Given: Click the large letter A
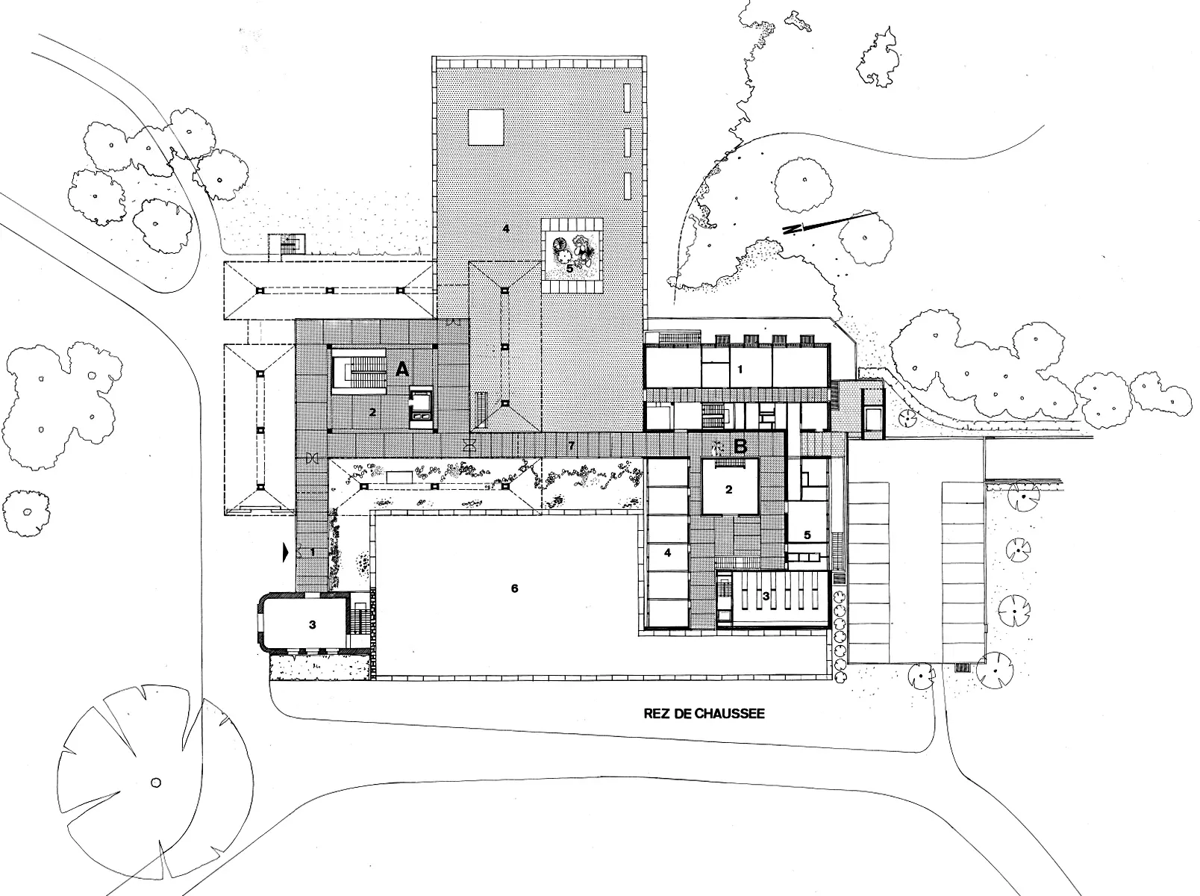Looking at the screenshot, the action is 401,370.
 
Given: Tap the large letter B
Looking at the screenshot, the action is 740,447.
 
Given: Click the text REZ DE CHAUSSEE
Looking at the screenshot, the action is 704,714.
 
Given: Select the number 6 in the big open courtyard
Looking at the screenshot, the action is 514,588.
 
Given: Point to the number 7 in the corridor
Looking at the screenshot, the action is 572,446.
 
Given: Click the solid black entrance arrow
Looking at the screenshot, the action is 285,553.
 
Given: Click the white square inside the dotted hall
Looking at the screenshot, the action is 486,127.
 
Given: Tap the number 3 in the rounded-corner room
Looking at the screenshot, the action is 312,625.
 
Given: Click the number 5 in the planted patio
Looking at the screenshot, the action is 569,269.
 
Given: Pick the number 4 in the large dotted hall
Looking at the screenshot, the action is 506,228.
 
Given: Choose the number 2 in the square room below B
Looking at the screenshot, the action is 729,490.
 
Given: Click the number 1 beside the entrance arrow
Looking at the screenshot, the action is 313,553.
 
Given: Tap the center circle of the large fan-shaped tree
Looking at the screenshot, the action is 156,783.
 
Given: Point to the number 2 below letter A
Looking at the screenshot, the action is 372,412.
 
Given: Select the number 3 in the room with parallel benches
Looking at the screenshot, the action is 766,596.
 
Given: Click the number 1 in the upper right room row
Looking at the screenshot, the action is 740,370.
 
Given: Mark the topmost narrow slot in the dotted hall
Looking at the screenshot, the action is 628,98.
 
